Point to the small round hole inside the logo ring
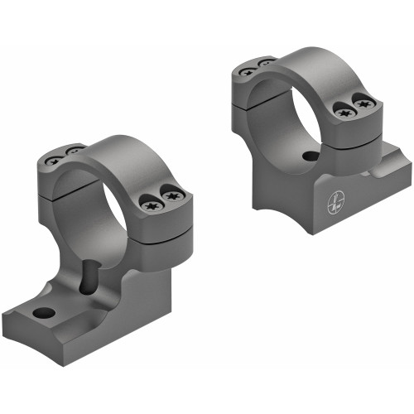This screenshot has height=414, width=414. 310,155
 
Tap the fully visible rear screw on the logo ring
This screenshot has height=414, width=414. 246,71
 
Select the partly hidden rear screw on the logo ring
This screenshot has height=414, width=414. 266,63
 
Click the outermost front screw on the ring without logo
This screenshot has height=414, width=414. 172,196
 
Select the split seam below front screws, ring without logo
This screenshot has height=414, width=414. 161,228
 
